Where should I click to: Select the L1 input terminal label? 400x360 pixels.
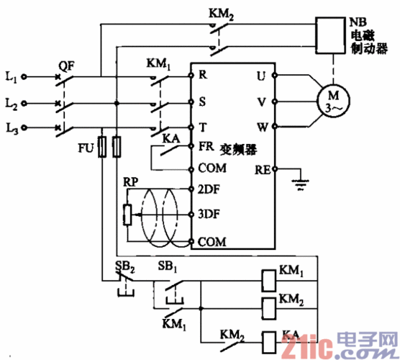pyautogui.click(x=10, y=75)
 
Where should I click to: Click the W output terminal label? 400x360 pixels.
pyautogui.click(x=262, y=127)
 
